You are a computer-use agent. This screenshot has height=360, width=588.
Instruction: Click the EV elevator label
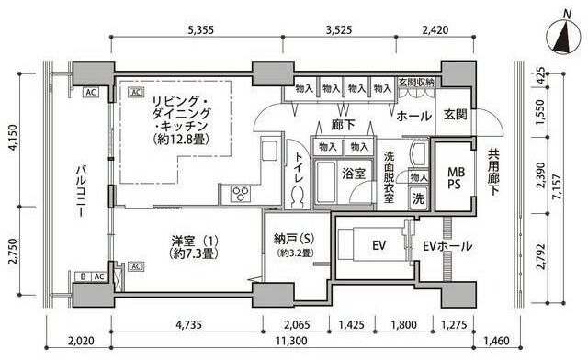(379, 245)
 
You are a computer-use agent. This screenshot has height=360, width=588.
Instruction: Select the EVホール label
(447, 246)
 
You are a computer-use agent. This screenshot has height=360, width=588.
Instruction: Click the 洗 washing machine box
(417, 197)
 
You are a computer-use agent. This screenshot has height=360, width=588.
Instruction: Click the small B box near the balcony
(83, 276)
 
